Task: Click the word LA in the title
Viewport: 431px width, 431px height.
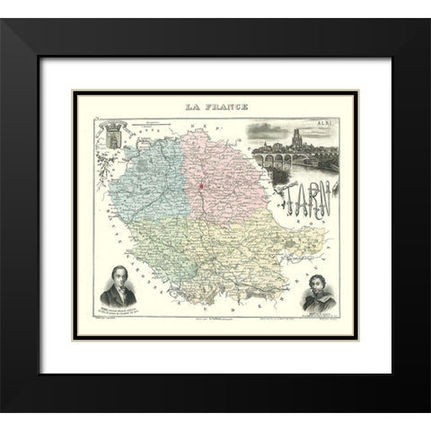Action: (x=191, y=106)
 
